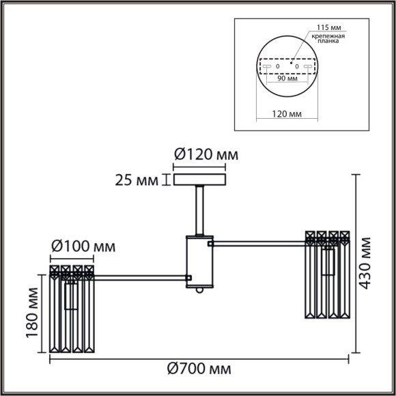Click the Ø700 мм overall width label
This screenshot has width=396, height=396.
tap(199, 369)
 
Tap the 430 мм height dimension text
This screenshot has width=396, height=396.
tap(367, 262)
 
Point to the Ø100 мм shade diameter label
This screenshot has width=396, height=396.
tap(83, 245)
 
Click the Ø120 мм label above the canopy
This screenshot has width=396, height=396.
tap(205, 155)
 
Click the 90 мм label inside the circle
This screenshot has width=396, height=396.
tap(287, 79)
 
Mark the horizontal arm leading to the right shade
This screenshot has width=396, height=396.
tap(259, 241)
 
